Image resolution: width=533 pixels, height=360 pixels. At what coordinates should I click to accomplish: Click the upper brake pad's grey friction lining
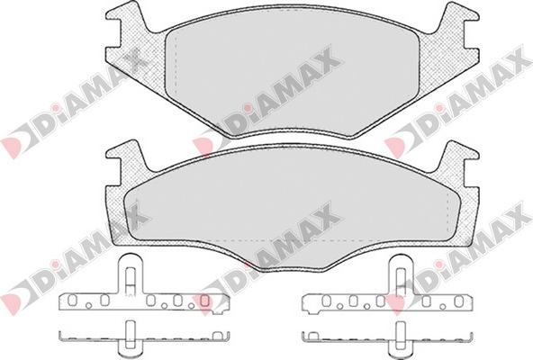click(292, 73)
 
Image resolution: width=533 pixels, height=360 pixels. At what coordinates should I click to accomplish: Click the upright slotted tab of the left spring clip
click(130, 275)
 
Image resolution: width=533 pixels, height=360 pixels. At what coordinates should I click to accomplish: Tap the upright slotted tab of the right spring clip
click(402, 275)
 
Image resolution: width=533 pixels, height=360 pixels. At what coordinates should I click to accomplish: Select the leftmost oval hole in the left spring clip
click(72, 300)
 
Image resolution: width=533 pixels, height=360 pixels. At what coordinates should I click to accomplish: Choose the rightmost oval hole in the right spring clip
click(459, 301)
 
